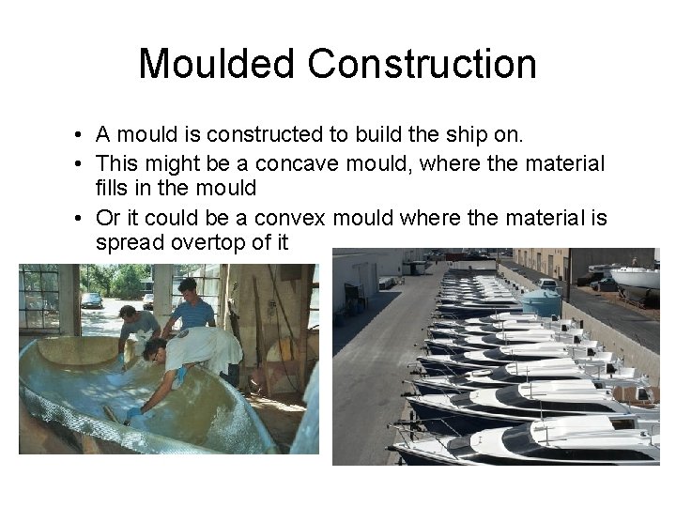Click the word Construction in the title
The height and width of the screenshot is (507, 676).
coord(422,64)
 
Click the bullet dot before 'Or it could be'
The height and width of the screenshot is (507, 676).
coord(84,220)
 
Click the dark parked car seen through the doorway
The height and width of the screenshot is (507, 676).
coord(91,300)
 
